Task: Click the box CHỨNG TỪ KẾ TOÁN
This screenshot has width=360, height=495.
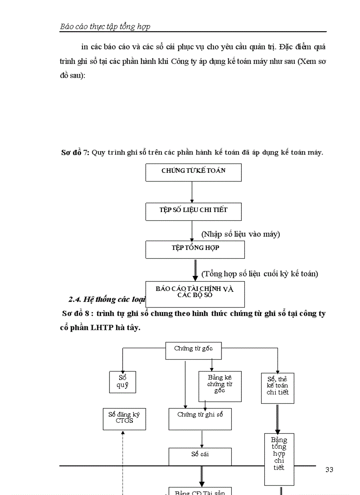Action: [x=193, y=172]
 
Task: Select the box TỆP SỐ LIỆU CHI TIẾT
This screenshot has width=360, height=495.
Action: [x=193, y=211]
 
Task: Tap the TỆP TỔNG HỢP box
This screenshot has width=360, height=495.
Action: [x=195, y=249]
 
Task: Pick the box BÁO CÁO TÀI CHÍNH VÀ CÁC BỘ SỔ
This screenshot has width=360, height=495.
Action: [x=195, y=293]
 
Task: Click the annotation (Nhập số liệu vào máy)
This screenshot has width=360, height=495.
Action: [x=240, y=234]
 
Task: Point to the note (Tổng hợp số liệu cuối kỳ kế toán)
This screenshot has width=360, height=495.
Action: [x=259, y=274]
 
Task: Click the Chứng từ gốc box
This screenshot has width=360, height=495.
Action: [x=193, y=350]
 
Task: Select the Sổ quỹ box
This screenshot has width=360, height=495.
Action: [x=122, y=382]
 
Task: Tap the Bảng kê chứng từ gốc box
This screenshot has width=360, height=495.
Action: [x=219, y=386]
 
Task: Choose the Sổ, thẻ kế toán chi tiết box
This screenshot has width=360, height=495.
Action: [x=277, y=387]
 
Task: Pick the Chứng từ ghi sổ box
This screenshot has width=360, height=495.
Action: [x=200, y=418]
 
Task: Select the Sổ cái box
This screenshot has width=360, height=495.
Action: [x=200, y=456]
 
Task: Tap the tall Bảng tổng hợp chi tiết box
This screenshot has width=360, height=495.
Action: [x=279, y=458]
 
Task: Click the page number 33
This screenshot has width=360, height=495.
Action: [x=329, y=470]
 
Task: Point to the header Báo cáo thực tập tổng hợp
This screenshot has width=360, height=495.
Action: [x=105, y=27]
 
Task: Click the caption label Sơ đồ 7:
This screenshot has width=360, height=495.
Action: [x=75, y=153]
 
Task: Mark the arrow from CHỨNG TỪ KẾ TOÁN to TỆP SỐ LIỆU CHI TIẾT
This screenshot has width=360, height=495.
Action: [x=192, y=192]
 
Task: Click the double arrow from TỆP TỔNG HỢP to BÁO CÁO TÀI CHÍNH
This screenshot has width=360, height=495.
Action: [x=195, y=270]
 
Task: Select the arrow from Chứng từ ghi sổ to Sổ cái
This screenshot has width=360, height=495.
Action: [x=202, y=439]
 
